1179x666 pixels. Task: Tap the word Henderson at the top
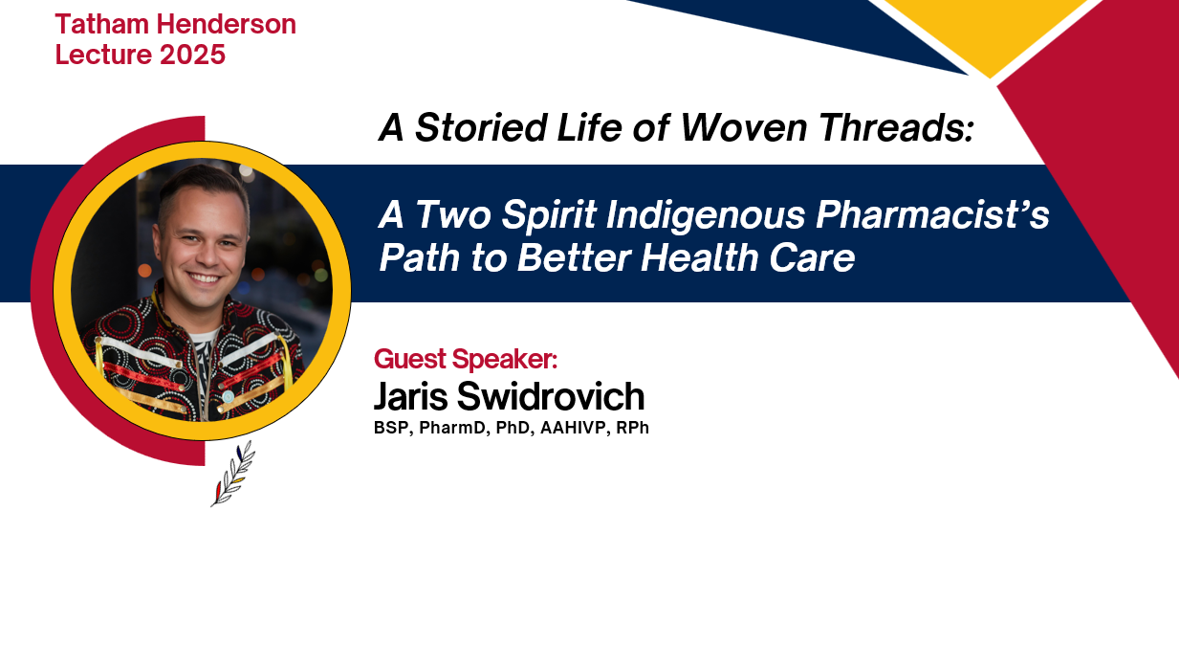pyautogui.click(x=227, y=24)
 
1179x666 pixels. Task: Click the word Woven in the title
pyautogui.click(x=743, y=127)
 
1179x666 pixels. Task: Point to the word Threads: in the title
pyautogui.click(x=896, y=127)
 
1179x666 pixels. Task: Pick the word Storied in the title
pyautogui.click(x=481, y=127)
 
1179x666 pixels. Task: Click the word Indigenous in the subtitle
pyautogui.click(x=706, y=216)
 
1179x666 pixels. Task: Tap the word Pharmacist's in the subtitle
pyautogui.click(x=932, y=214)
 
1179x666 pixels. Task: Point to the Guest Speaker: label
pyautogui.click(x=466, y=359)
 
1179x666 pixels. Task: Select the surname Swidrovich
pyautogui.click(x=551, y=396)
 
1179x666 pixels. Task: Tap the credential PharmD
pyautogui.click(x=452, y=428)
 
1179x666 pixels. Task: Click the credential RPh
pyautogui.click(x=633, y=428)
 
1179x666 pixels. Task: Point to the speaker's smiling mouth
pyautogui.click(x=205, y=277)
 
